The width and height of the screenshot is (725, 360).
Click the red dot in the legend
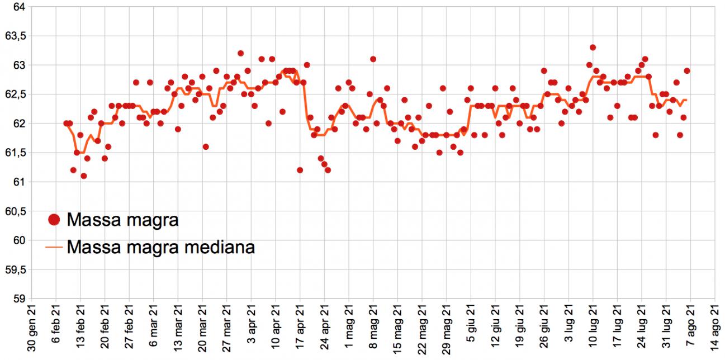click(x=54, y=220)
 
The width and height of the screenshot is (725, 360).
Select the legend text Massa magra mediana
click(x=160, y=247)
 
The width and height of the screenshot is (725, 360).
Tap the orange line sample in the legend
click(x=54, y=247)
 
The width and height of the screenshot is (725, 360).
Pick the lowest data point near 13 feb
click(x=83, y=176)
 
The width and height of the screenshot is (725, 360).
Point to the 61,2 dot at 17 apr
click(x=300, y=170)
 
